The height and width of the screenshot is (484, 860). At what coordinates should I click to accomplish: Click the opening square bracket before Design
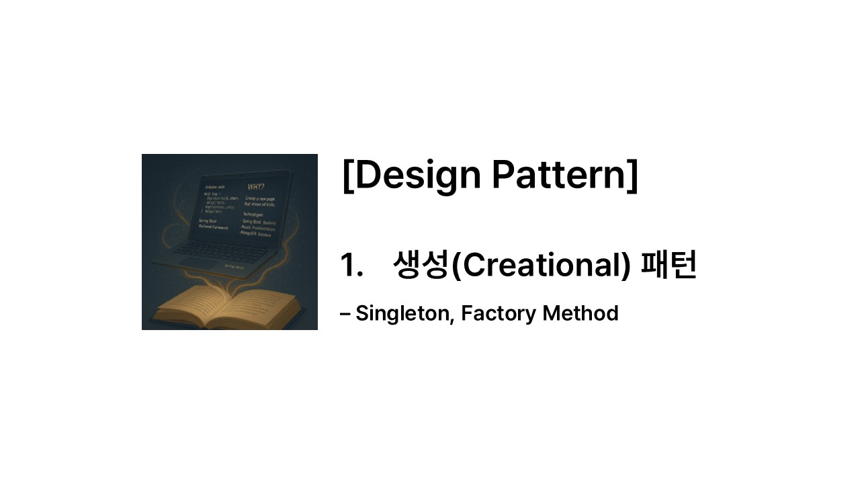click(347, 175)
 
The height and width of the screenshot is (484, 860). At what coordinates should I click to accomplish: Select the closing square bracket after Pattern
click(632, 175)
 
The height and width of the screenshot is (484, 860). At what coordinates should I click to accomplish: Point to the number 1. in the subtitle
click(351, 265)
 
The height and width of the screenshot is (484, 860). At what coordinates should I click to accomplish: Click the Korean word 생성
click(420, 265)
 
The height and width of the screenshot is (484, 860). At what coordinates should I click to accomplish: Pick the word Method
click(580, 313)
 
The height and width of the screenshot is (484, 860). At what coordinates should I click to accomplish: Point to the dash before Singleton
click(345, 313)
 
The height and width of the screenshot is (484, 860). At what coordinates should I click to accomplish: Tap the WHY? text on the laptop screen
click(256, 187)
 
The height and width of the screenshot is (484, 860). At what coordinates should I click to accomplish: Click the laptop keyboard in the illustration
click(222, 251)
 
